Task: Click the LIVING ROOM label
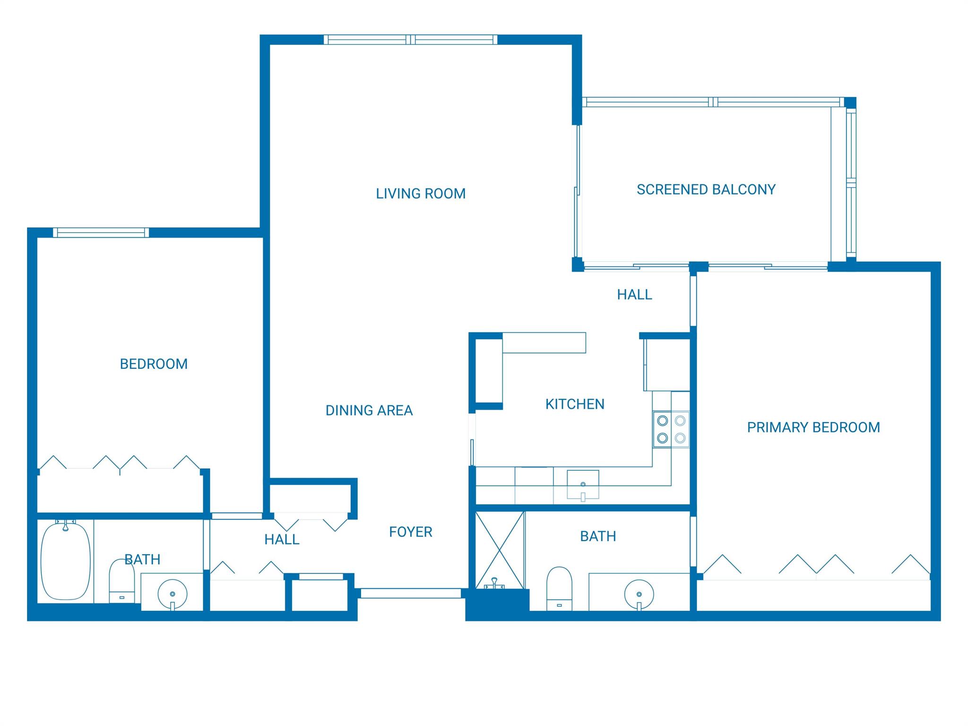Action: coord(421,193)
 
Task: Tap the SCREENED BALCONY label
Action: coord(706,190)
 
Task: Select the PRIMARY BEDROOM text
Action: coord(813,427)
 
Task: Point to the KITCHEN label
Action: coord(574,404)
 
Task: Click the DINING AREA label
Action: coord(369,410)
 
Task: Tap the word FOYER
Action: coord(410,532)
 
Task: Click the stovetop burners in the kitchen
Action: coord(671,429)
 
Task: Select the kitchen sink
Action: coord(583,484)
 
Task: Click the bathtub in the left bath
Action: coord(65,561)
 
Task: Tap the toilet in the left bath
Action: coord(121,581)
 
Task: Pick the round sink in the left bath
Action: coord(172,594)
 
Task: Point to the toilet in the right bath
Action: coord(559,588)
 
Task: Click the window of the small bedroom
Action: coord(101,233)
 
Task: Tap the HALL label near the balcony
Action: coord(634,295)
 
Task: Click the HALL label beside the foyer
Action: coord(282,540)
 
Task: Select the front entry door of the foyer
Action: coord(410,593)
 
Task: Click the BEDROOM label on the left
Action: coord(154,364)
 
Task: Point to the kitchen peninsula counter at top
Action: coord(544,343)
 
